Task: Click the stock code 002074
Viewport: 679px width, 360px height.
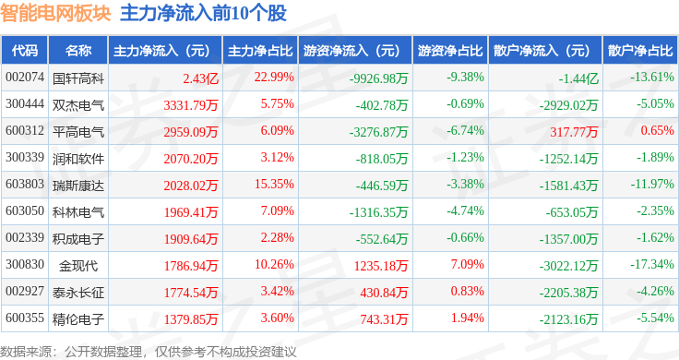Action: (x=24, y=78)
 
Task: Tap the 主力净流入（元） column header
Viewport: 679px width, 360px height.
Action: (x=161, y=51)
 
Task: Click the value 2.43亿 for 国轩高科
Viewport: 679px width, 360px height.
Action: (x=200, y=78)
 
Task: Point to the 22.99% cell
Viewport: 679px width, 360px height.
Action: (x=273, y=78)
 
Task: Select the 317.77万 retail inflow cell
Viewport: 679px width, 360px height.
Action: (x=572, y=131)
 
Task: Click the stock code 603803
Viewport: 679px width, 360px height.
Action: (x=24, y=185)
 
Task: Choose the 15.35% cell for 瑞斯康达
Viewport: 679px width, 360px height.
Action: (x=273, y=185)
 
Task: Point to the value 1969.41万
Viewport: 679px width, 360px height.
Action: (x=190, y=211)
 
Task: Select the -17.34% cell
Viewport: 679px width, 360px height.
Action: (x=652, y=266)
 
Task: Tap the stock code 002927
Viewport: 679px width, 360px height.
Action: (x=24, y=293)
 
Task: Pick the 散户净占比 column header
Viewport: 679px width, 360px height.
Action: (x=640, y=51)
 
